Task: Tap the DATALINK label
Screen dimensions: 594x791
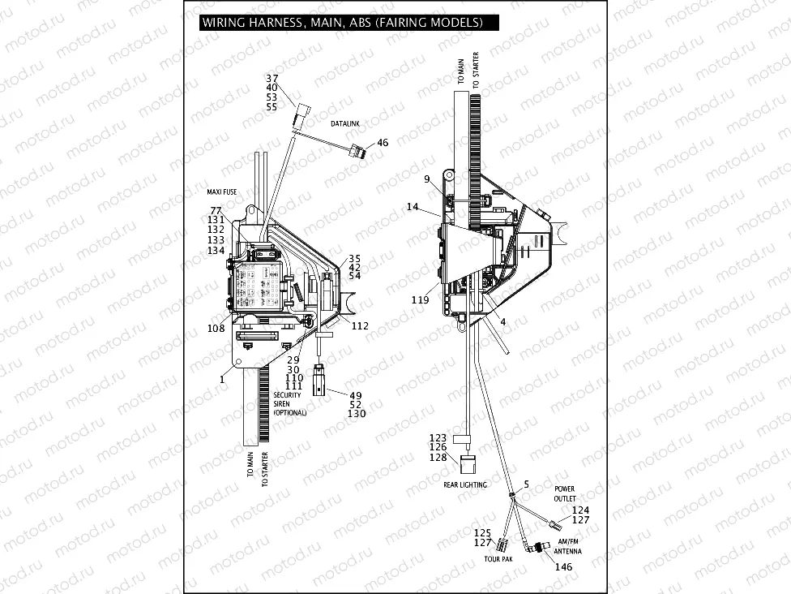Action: (x=344, y=123)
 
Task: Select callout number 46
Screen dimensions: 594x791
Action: (x=383, y=143)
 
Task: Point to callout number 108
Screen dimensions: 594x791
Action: (x=216, y=329)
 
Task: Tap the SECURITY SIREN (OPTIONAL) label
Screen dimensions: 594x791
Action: (x=289, y=404)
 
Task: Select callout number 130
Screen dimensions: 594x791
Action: (x=357, y=414)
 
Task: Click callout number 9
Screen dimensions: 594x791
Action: (x=426, y=179)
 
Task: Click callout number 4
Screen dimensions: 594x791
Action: (x=502, y=321)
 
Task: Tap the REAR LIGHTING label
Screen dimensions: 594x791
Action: (x=465, y=484)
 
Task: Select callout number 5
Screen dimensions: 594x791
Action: (x=526, y=484)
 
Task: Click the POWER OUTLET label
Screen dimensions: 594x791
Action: (x=565, y=494)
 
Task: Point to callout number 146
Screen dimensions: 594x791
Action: (x=563, y=566)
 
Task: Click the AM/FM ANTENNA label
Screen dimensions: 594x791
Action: (x=567, y=546)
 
